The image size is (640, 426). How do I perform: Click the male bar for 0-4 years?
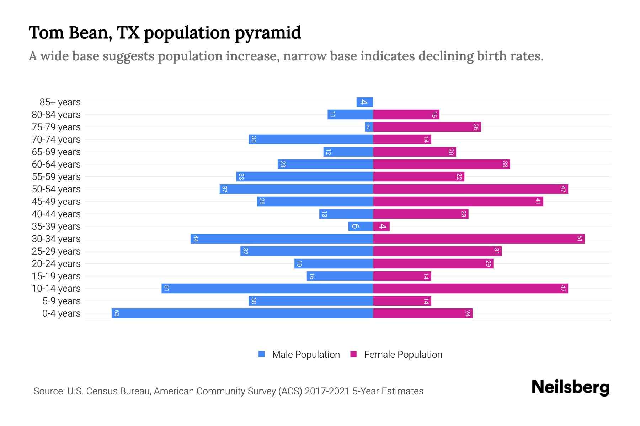point(242,313)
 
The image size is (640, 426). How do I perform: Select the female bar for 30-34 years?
point(479,239)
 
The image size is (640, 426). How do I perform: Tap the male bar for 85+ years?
point(365,102)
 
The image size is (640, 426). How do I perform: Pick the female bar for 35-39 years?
point(381,226)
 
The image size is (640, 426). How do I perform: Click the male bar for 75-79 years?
point(369,127)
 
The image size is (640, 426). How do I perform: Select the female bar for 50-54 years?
point(470,189)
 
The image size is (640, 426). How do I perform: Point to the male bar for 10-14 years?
point(267,288)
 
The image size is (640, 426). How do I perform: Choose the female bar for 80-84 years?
point(406,114)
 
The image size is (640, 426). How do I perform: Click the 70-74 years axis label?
point(56,140)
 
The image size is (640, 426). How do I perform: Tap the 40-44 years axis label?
point(56,214)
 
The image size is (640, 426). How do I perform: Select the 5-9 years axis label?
point(62,301)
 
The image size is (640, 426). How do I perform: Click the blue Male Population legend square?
point(262,354)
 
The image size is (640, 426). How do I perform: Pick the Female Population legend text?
point(403,354)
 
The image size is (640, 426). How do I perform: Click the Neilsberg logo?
point(570,387)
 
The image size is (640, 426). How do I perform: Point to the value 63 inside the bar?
point(117,313)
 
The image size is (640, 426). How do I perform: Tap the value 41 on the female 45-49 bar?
point(538,201)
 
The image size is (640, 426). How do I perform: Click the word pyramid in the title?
point(267,33)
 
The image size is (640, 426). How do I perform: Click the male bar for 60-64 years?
point(325,164)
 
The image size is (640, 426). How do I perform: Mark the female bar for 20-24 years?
point(433,263)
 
